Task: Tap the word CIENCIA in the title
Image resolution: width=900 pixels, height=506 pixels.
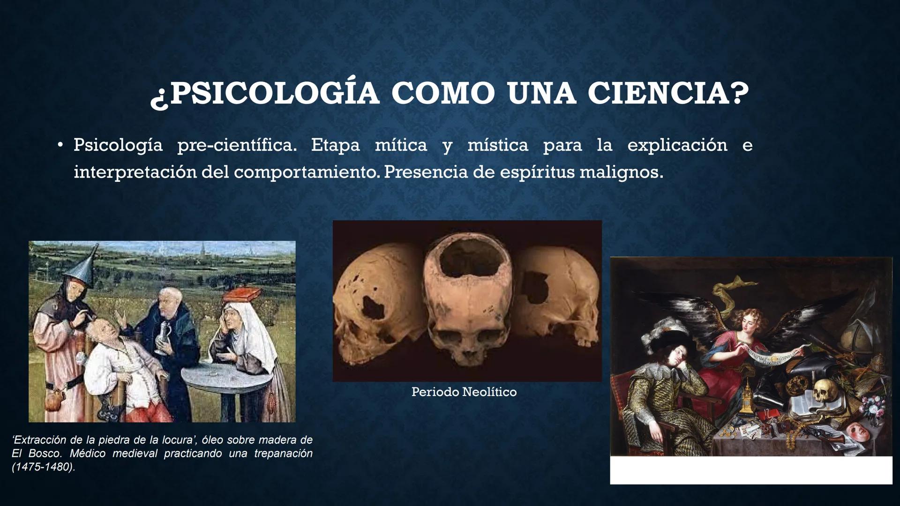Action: click(668, 93)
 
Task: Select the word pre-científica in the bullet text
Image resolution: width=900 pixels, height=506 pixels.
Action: click(237, 146)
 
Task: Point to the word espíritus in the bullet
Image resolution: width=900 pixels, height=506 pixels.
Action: click(537, 172)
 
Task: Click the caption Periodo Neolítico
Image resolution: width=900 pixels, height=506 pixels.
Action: click(464, 392)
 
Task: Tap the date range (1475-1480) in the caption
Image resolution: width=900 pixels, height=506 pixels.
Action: click(43, 468)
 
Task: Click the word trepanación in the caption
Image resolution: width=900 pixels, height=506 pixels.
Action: click(283, 454)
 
